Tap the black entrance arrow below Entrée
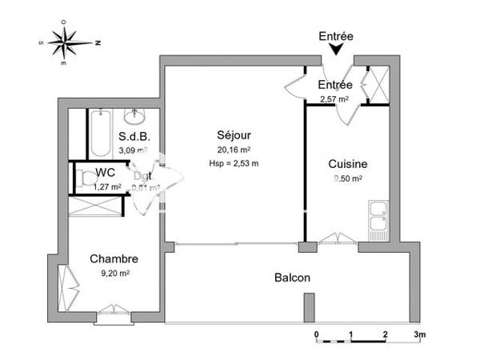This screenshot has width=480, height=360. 337,50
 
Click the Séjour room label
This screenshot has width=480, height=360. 233,134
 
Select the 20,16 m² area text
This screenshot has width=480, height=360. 233,149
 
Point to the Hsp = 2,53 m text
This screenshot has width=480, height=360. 233,163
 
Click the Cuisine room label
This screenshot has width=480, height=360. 348,164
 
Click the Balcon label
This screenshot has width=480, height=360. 292,278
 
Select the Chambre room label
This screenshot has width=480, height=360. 114,259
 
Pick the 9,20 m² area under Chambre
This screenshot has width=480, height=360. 114,273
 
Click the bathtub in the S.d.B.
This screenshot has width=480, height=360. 100,134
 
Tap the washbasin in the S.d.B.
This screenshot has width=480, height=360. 134,115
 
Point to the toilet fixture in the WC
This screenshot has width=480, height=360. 82,178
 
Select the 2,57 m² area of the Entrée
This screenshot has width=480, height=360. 335,99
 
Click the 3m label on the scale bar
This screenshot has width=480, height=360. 419,334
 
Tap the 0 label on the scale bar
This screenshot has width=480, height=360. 317,334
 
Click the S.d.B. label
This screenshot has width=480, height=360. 133,137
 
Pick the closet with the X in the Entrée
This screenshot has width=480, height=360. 377,82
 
